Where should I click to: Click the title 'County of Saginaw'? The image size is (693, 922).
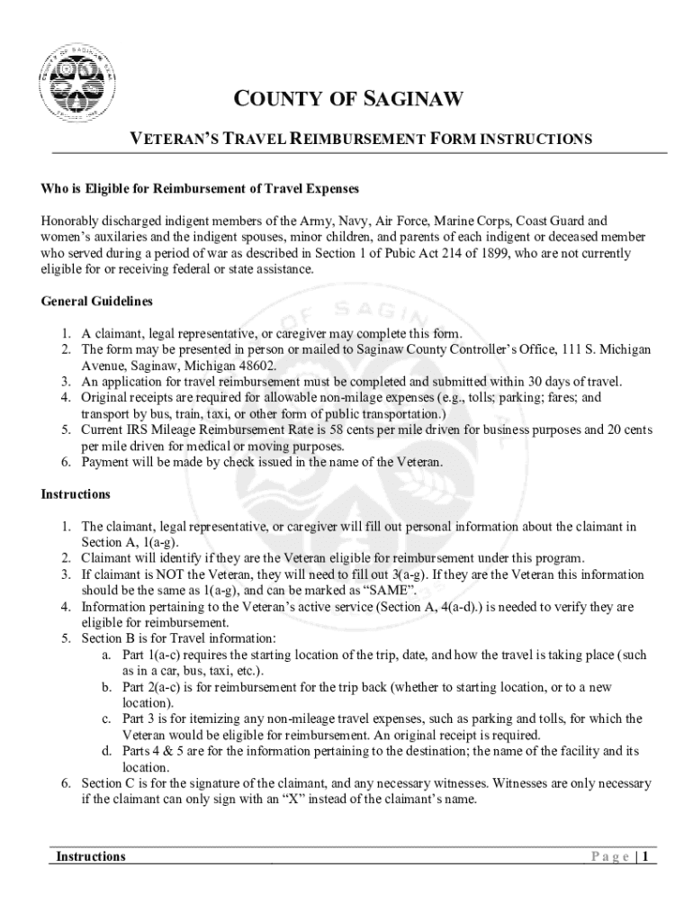coord(346,98)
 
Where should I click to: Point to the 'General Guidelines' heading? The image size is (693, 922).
coord(97,301)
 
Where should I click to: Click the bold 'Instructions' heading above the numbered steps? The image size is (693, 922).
coord(76,494)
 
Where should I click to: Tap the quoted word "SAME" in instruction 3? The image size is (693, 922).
coord(388,590)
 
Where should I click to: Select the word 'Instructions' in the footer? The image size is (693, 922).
coord(91,856)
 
